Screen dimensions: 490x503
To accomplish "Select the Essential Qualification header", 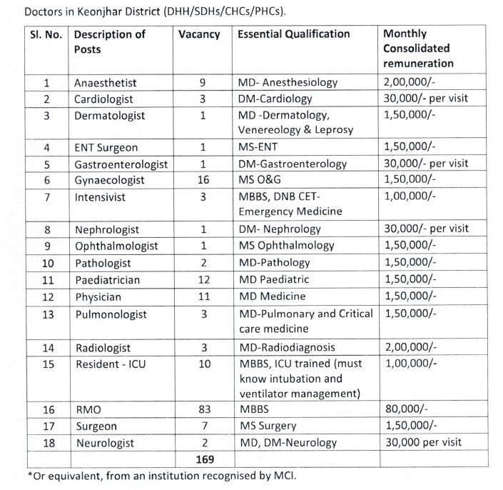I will tap(293, 34).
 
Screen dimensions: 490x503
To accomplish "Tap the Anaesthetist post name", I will tap(106, 83).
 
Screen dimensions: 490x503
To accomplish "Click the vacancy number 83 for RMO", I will tap(203, 410).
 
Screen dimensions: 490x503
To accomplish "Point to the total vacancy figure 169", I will tap(204, 459).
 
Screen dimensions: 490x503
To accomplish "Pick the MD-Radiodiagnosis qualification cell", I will tap(286, 347).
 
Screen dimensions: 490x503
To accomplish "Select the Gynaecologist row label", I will tap(109, 180).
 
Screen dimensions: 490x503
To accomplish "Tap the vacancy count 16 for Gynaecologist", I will tap(203, 180).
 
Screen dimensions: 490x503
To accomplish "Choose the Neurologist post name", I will tap(104, 443).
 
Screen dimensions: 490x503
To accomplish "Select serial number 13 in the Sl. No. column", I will tap(46, 314).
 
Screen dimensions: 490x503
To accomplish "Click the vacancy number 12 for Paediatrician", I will tap(203, 279).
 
